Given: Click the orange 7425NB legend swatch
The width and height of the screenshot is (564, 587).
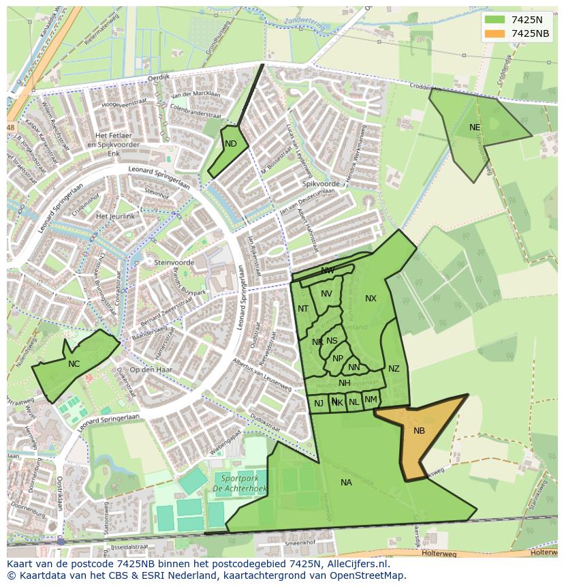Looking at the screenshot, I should pyautogui.click(x=495, y=33).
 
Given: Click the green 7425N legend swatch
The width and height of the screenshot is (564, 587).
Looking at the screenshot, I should pyautogui.click(x=495, y=19).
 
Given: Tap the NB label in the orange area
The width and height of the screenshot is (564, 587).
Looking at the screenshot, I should pyautogui.click(x=419, y=430).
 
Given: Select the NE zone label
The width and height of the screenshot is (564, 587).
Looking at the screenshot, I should pyautogui.click(x=475, y=127).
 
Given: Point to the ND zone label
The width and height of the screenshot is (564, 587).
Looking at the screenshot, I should pyautogui.click(x=231, y=144).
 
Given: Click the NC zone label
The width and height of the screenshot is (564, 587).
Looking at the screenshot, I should pyautogui.click(x=74, y=364).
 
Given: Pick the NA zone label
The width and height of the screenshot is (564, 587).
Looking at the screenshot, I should pyautogui.click(x=346, y=483).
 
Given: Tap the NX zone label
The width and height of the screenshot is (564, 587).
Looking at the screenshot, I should pyautogui.click(x=371, y=299).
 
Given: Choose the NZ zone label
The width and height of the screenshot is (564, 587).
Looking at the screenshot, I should pyautogui.click(x=394, y=369).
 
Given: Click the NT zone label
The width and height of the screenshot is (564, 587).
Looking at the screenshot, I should pyautogui.click(x=303, y=309).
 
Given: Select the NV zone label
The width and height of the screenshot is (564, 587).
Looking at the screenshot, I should pyautogui.click(x=326, y=294).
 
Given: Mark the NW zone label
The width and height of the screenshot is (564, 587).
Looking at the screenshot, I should pyautogui.click(x=328, y=271).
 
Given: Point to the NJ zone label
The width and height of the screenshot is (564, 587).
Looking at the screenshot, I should pyautogui.click(x=319, y=404).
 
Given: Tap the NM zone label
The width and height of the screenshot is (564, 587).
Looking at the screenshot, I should pyautogui.click(x=371, y=400).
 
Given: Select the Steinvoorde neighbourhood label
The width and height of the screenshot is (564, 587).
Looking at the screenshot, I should pyautogui.click(x=174, y=262).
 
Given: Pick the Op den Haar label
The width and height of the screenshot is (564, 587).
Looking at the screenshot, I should pyautogui.click(x=151, y=370).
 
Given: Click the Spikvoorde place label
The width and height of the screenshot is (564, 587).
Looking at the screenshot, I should pyautogui.click(x=321, y=184).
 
